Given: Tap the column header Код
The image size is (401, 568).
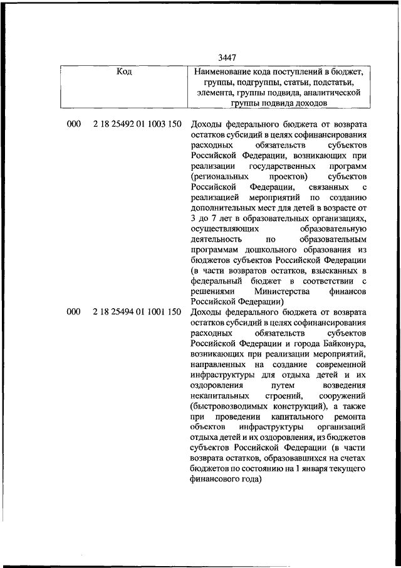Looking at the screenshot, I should [124, 72].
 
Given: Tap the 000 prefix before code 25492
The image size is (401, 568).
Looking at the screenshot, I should [73, 124].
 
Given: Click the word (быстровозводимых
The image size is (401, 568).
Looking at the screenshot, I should [231, 407].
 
